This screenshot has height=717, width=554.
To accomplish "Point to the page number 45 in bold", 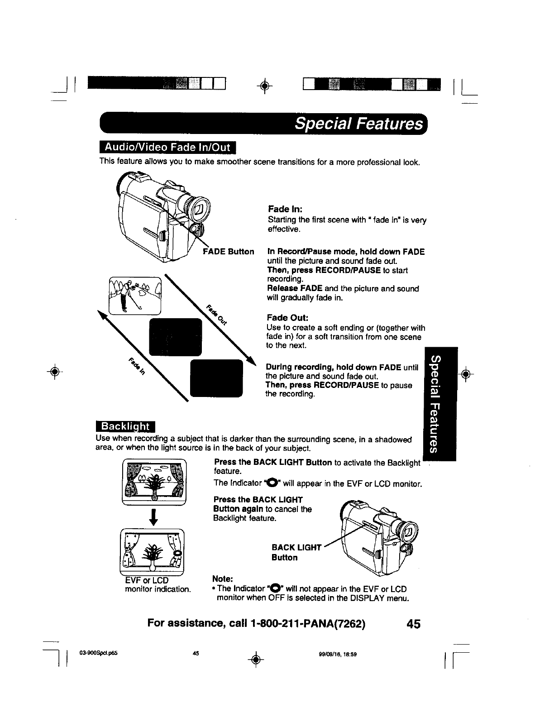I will click(x=413, y=624).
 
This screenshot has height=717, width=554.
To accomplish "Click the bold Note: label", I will click(x=223, y=579).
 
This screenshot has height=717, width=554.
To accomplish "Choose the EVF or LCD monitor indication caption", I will click(x=158, y=585).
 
